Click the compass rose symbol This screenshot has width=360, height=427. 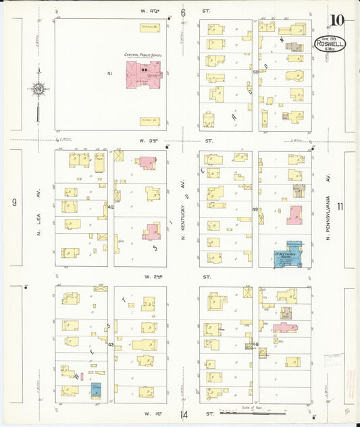pyautogui.click(x=38, y=89)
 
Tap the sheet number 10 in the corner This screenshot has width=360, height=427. pyautogui.click(x=336, y=19)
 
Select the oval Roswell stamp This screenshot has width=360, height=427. pyautogui.click(x=330, y=45)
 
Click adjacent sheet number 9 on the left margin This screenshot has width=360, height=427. pyautogui.click(x=14, y=202)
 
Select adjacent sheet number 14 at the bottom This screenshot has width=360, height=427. pyautogui.click(x=183, y=414)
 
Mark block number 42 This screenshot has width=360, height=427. pyautogui.click(x=110, y=207)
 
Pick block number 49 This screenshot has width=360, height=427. pyautogui.click(x=255, y=209)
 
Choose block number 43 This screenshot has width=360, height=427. pyautogui.click(x=110, y=345)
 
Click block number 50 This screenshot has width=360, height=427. pyautogui.click(x=255, y=72)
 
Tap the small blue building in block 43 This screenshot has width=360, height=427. pyautogui.click(x=96, y=390)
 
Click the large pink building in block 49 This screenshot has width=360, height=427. pyautogui.click(x=294, y=216)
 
